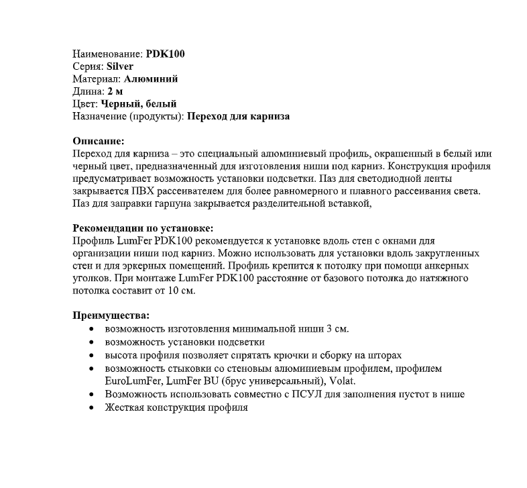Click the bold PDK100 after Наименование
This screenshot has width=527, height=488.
click(x=165, y=54)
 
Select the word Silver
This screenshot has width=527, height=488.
click(x=120, y=66)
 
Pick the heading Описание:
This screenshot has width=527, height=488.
click(x=98, y=141)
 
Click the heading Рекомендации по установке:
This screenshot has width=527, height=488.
click(x=143, y=228)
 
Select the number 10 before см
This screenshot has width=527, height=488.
click(x=175, y=291)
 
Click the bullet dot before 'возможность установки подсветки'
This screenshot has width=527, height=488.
click(x=92, y=342)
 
